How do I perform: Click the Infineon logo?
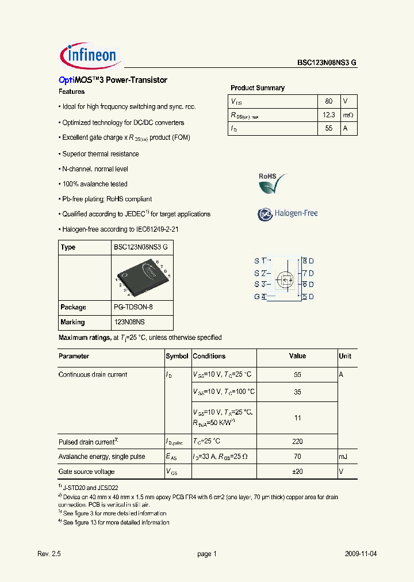click(x=89, y=55)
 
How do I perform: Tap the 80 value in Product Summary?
click(x=329, y=101)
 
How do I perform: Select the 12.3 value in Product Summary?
click(x=329, y=115)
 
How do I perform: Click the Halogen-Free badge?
click(x=287, y=214)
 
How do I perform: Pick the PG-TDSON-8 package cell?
click(x=133, y=307)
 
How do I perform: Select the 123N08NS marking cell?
click(x=131, y=322)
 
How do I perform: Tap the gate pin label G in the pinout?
click(x=257, y=297)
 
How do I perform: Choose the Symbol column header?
click(x=177, y=356)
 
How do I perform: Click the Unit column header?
click(x=345, y=356)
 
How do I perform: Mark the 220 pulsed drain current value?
click(x=297, y=442)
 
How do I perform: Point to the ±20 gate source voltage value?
click(x=297, y=472)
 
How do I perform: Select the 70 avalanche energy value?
click(x=297, y=457)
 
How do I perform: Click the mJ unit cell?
click(x=343, y=457)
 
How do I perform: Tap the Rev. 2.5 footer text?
click(x=49, y=554)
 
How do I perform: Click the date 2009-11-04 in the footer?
click(x=361, y=554)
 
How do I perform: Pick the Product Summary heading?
click(x=258, y=88)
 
